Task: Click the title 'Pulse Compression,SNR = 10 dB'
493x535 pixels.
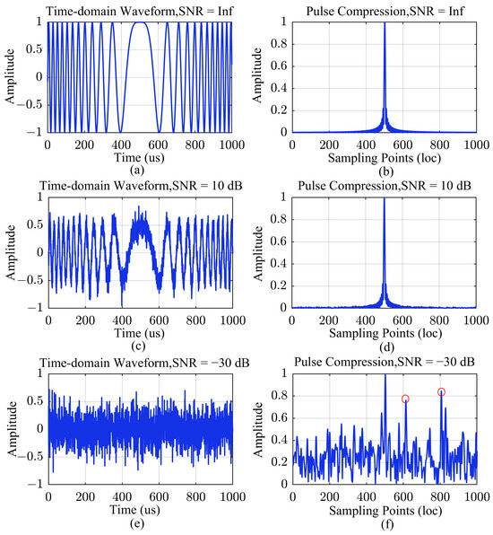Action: click(x=385, y=186)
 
